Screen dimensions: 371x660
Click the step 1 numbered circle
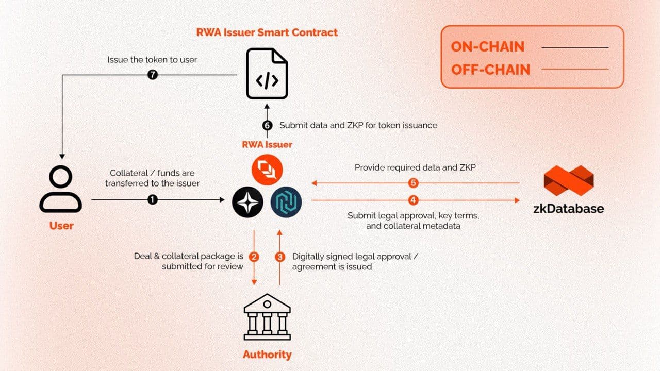(153, 199)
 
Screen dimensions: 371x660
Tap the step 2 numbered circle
(254, 256)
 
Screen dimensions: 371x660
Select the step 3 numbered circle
(280, 256)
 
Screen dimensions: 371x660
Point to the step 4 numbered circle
(414, 199)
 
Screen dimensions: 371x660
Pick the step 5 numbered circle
(412, 183)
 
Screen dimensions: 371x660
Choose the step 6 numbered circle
(267, 125)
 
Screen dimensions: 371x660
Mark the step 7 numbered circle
(152, 75)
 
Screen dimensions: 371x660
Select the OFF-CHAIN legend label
(490, 70)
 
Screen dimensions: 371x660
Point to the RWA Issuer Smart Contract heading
(267, 32)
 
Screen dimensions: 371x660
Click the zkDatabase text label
(568, 209)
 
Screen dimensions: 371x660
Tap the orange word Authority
(267, 355)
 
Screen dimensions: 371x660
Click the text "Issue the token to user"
(152, 60)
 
